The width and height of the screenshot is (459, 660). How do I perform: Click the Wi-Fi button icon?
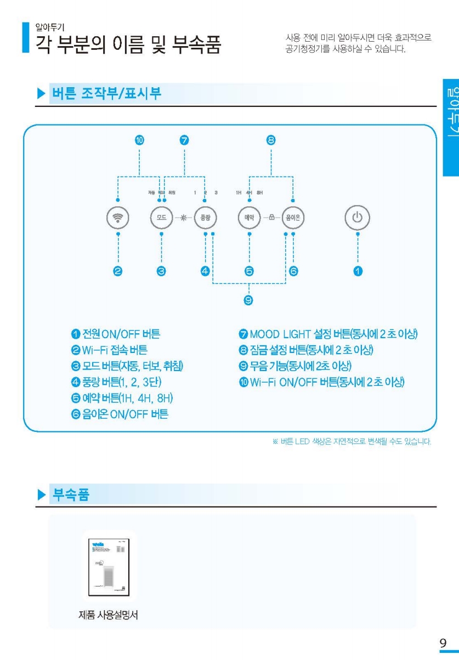click(x=118, y=217)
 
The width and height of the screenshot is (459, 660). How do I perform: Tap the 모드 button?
click(x=161, y=217)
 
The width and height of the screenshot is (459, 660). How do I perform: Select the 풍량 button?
click(x=206, y=217)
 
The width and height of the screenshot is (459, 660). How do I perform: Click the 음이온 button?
click(x=293, y=217)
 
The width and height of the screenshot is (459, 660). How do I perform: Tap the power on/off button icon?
click(x=358, y=217)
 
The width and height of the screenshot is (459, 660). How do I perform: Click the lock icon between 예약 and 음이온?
click(x=271, y=217)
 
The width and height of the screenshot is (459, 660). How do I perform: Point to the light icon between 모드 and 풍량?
click(x=183, y=217)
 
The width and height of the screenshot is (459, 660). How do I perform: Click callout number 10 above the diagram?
click(x=140, y=140)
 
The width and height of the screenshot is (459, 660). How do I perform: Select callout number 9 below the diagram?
click(x=248, y=300)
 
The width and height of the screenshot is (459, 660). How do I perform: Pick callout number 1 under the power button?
click(x=358, y=271)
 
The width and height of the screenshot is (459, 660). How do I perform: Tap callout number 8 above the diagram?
click(x=271, y=140)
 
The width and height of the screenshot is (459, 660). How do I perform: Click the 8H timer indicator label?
click(x=260, y=193)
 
